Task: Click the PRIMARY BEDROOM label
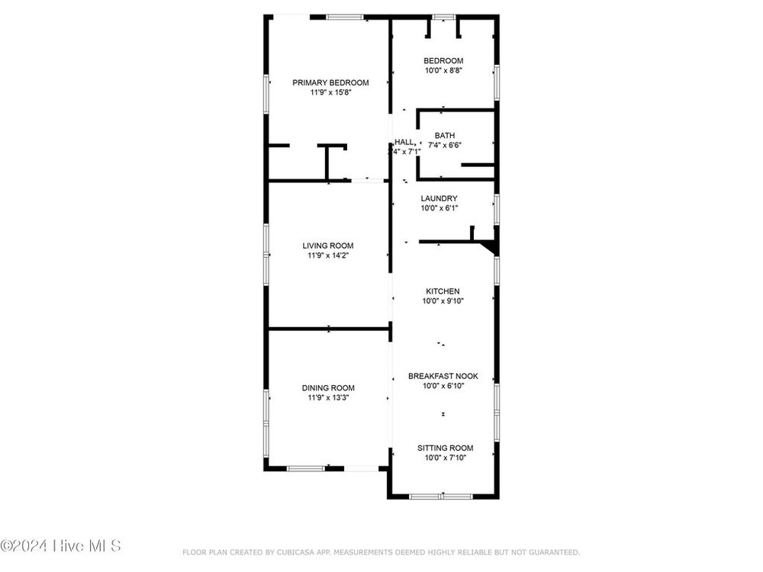click(x=330, y=82)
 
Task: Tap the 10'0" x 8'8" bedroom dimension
click(x=443, y=70)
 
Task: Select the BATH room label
click(x=445, y=135)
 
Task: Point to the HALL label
click(x=404, y=142)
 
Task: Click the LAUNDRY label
click(x=439, y=198)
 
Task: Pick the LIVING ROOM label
click(x=328, y=246)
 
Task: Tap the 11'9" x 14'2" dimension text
click(x=328, y=255)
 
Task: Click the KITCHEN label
click(x=443, y=291)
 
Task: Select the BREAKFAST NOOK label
click(x=443, y=376)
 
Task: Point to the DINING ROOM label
click(x=328, y=388)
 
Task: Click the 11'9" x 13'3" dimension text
click(x=328, y=398)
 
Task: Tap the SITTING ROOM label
click(x=446, y=448)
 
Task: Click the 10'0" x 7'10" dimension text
click(x=446, y=458)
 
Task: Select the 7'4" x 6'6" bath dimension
click(x=445, y=145)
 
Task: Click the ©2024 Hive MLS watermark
click(x=60, y=546)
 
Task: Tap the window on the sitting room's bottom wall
click(x=441, y=496)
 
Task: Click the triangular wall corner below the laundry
click(x=490, y=247)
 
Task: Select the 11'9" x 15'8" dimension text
click(x=330, y=92)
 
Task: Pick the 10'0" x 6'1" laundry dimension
click(x=439, y=208)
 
